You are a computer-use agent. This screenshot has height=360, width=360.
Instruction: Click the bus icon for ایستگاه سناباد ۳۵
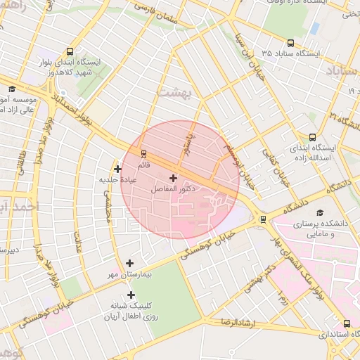point(291,41)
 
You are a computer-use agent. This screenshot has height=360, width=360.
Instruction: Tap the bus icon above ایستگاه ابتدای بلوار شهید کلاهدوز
point(69,51)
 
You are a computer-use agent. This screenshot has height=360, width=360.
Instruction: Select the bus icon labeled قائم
point(144,153)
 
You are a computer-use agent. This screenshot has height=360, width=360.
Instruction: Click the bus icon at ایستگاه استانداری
point(347,323)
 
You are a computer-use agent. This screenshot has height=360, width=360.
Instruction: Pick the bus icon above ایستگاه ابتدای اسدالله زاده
point(312,137)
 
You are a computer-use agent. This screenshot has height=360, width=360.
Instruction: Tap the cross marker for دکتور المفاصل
point(173,179)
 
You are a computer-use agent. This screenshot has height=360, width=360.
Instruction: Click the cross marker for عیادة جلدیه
point(117,168)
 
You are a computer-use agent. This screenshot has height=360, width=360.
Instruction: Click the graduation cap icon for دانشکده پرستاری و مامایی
point(320,212)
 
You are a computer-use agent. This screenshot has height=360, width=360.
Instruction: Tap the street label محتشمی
point(108,210)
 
